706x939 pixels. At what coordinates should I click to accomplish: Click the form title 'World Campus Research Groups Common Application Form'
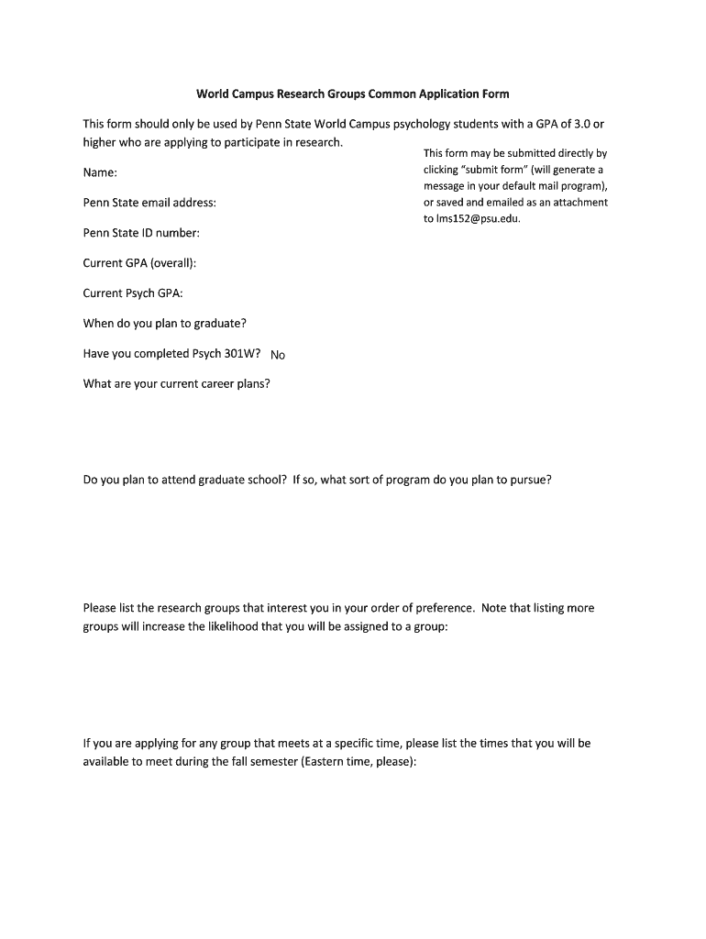pyautogui.click(x=353, y=94)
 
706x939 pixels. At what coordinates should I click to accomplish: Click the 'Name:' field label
pyautogui.click(x=100, y=172)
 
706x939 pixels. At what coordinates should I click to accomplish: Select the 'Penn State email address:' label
pyautogui.click(x=149, y=203)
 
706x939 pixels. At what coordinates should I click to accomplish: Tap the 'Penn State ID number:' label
pyautogui.click(x=141, y=233)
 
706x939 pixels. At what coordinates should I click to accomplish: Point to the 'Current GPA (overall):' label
pyautogui.click(x=139, y=263)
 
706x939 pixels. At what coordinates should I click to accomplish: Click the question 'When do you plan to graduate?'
pyautogui.click(x=164, y=324)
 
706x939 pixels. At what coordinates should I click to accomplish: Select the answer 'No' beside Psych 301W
pyautogui.click(x=278, y=355)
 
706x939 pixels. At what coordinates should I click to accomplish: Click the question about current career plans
pyautogui.click(x=177, y=384)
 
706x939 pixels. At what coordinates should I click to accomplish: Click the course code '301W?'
pyautogui.click(x=243, y=354)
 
